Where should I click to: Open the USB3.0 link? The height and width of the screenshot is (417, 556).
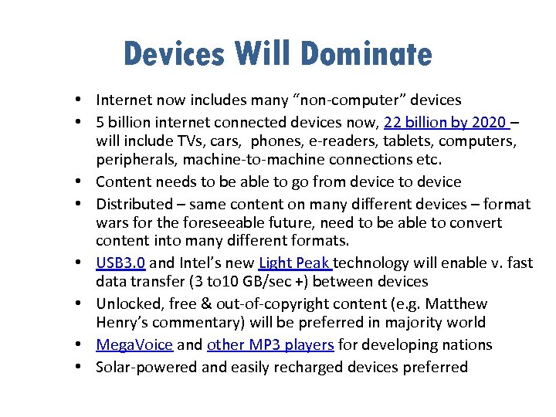pos(120,263)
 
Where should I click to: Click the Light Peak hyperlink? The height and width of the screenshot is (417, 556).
pos(296,263)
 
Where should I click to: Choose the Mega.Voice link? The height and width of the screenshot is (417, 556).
pos(134,344)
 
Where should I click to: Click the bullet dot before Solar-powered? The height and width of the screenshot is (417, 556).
pos(80,367)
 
